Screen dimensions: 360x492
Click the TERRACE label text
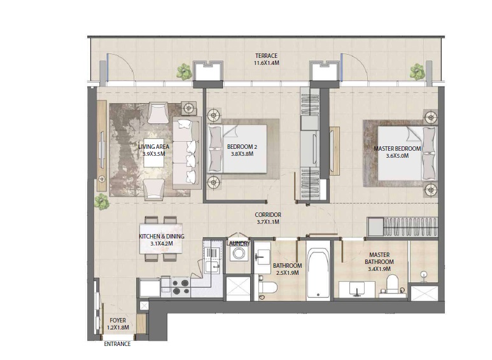(x=266, y=56)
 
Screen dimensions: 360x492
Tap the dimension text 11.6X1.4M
(x=266, y=64)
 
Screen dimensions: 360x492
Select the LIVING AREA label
(x=153, y=147)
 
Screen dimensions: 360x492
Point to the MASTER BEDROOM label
(x=397, y=149)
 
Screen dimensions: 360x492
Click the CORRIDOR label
(x=268, y=215)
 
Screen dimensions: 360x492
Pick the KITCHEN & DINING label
(x=162, y=237)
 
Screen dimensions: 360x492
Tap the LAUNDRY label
(x=238, y=244)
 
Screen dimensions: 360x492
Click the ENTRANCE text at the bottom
(x=117, y=344)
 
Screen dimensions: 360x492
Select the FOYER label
(x=118, y=321)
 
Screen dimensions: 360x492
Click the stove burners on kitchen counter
(x=180, y=287)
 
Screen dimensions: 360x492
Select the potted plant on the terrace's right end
(x=418, y=71)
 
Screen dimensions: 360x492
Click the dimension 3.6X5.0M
(x=397, y=156)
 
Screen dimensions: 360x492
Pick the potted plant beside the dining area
(x=101, y=202)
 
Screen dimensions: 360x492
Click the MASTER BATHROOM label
(x=379, y=258)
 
